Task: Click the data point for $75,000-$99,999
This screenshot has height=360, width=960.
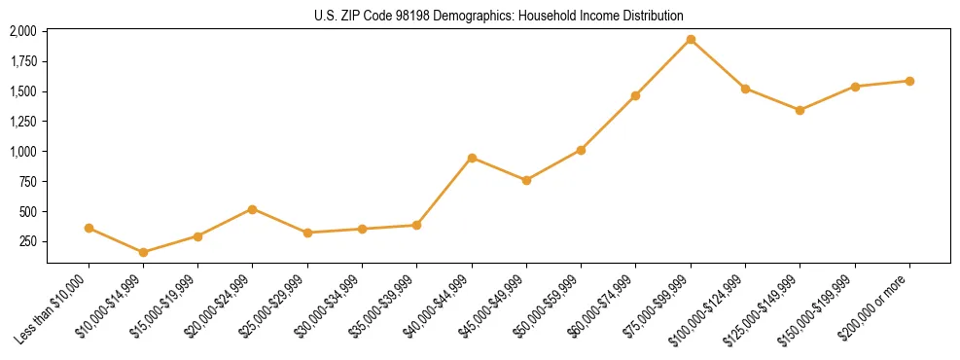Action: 691,39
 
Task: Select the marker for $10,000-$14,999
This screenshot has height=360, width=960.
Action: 144,252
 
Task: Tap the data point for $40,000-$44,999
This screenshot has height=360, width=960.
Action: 472,158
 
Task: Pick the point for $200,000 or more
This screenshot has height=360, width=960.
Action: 909,81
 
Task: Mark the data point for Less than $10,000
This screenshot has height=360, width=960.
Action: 89,228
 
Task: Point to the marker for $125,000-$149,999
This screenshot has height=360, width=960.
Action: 800,110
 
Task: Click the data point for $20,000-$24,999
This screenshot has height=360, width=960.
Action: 253,209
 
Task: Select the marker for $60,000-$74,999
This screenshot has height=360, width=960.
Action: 635,95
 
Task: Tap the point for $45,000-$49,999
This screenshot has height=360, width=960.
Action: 526,180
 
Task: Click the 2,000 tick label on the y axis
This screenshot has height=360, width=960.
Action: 23,31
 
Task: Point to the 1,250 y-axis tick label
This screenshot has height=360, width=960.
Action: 23,122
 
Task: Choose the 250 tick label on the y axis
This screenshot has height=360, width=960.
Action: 28,242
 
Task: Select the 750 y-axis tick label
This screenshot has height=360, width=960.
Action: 28,182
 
